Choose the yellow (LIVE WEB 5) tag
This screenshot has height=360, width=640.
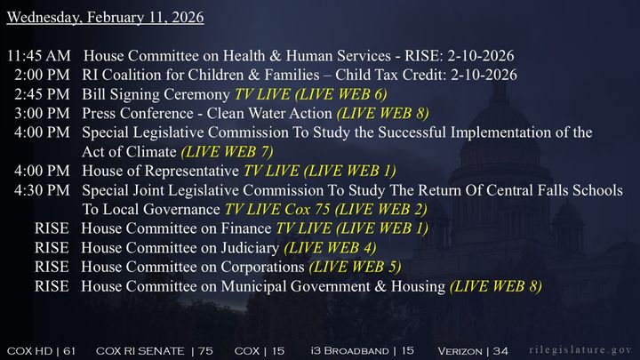(x=355, y=267)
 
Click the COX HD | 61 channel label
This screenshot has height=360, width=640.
(x=42, y=350)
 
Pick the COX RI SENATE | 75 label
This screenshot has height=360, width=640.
(x=154, y=350)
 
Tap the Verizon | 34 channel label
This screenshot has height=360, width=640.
(x=473, y=350)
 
